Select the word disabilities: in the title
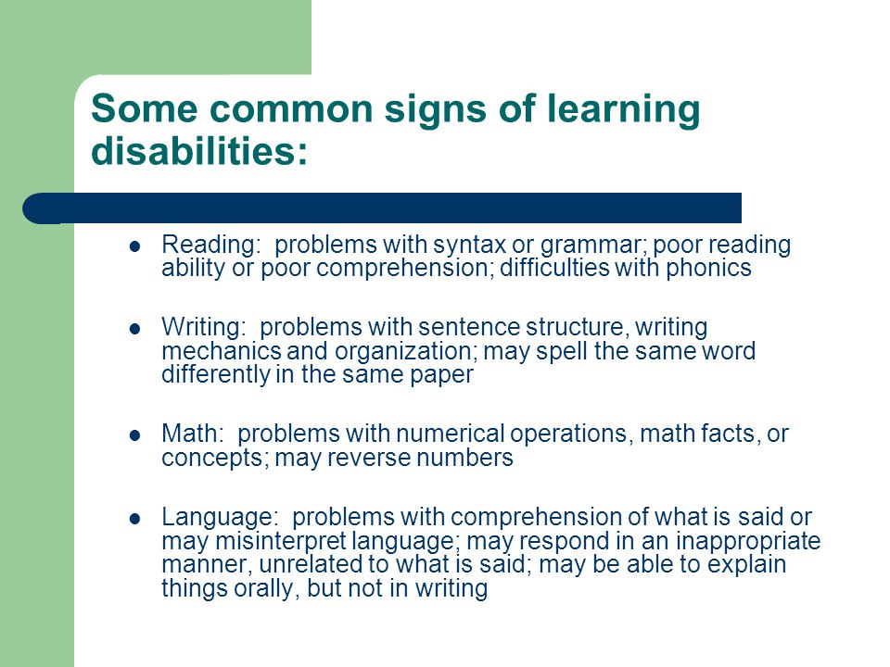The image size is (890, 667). tap(199, 150)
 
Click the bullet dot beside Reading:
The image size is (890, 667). tap(134, 246)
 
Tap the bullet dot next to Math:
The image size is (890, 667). tap(134, 435)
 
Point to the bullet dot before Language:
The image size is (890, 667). tap(134, 519)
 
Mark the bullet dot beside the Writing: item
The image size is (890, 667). tap(134, 329)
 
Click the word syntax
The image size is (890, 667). tap(469, 245)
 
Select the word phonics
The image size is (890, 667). tap(708, 268)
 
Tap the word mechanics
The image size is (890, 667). tap(222, 350)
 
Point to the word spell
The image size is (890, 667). tap(562, 352)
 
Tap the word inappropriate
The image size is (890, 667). tap(748, 541)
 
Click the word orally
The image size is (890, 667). tap(262, 589)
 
